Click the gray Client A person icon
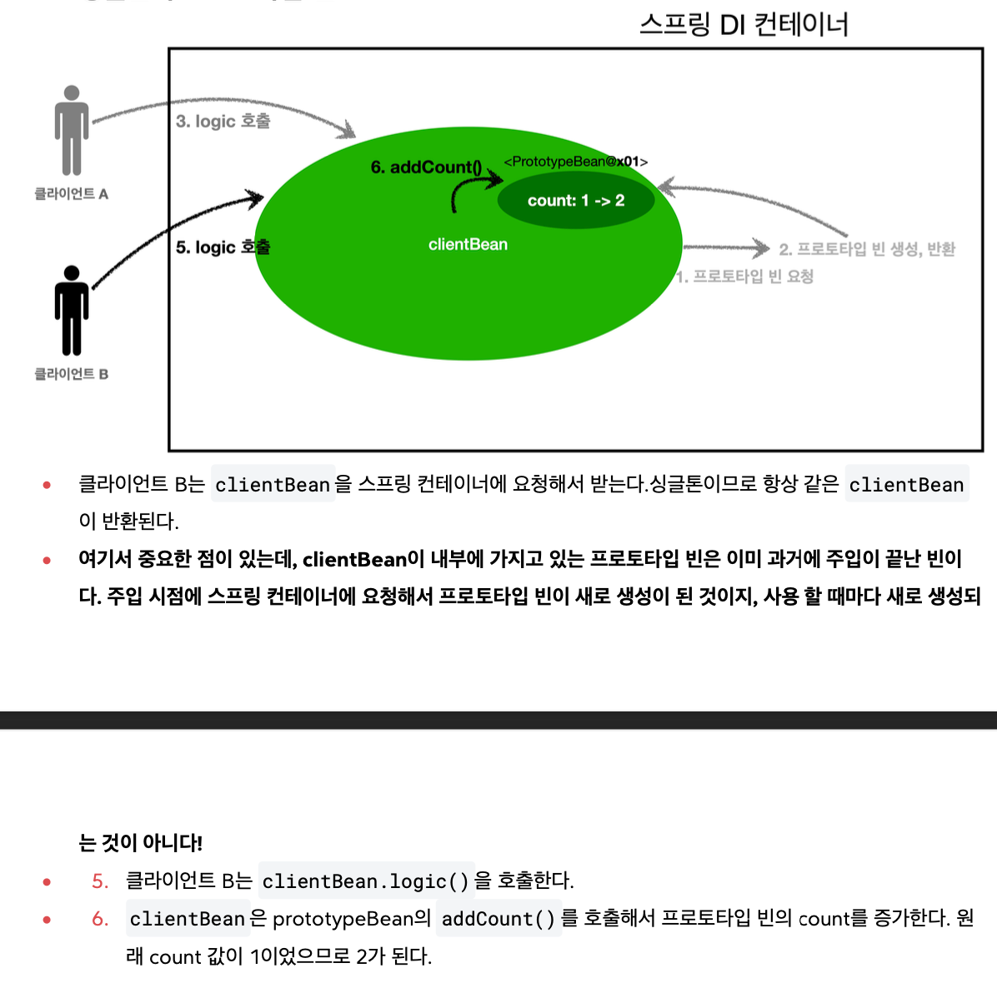[x=72, y=130]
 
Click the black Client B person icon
[x=72, y=310]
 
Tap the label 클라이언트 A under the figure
[x=72, y=194]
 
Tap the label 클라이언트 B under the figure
[x=72, y=374]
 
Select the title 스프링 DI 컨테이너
[x=744, y=25]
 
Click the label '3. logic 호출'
[x=223, y=121]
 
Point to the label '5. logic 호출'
[x=223, y=247]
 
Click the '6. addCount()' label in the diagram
[x=425, y=167]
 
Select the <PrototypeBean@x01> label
[x=575, y=162]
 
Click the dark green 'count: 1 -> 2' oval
[x=576, y=201]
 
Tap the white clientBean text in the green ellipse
[x=468, y=244]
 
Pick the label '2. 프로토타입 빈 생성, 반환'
[x=867, y=249]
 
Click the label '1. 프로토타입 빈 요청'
[x=744, y=277]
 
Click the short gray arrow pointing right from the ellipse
[x=726, y=247]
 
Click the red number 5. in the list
[x=100, y=881]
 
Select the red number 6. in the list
[x=100, y=918]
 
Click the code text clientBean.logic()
[x=366, y=881]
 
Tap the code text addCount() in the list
[x=499, y=918]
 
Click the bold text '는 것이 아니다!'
[x=141, y=843]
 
